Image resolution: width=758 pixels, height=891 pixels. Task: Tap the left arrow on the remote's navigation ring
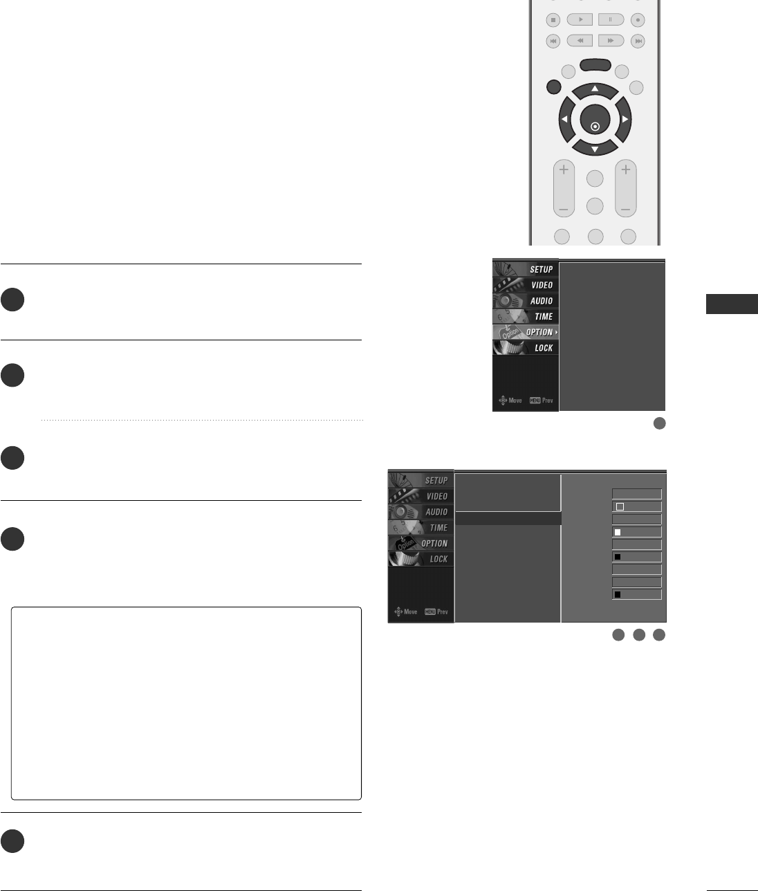click(564, 120)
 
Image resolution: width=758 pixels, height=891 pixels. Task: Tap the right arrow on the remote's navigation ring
click(625, 120)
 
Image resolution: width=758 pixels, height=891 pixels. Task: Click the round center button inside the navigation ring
click(595, 126)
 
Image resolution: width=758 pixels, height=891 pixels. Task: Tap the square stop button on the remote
click(553, 20)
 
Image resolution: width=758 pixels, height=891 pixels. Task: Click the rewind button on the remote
click(580, 41)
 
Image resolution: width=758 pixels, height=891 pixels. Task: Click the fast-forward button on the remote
click(611, 41)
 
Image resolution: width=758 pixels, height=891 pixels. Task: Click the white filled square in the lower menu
click(618, 533)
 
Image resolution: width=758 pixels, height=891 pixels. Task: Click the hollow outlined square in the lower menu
click(620, 507)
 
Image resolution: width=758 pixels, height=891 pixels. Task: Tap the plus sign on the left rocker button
click(564, 169)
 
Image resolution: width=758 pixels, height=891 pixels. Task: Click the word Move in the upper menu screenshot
click(515, 401)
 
